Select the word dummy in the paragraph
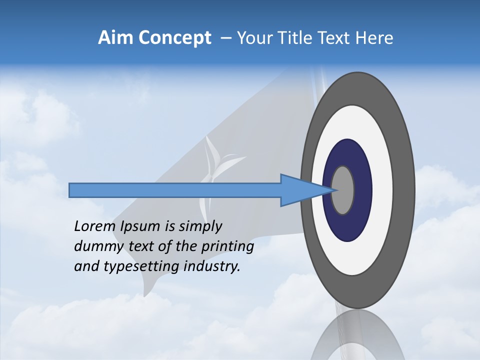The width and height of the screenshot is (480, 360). coord(93,246)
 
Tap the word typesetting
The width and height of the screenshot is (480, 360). coord(141,267)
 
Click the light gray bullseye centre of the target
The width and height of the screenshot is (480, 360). coord(343,190)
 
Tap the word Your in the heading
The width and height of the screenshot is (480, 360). coord(254,38)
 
